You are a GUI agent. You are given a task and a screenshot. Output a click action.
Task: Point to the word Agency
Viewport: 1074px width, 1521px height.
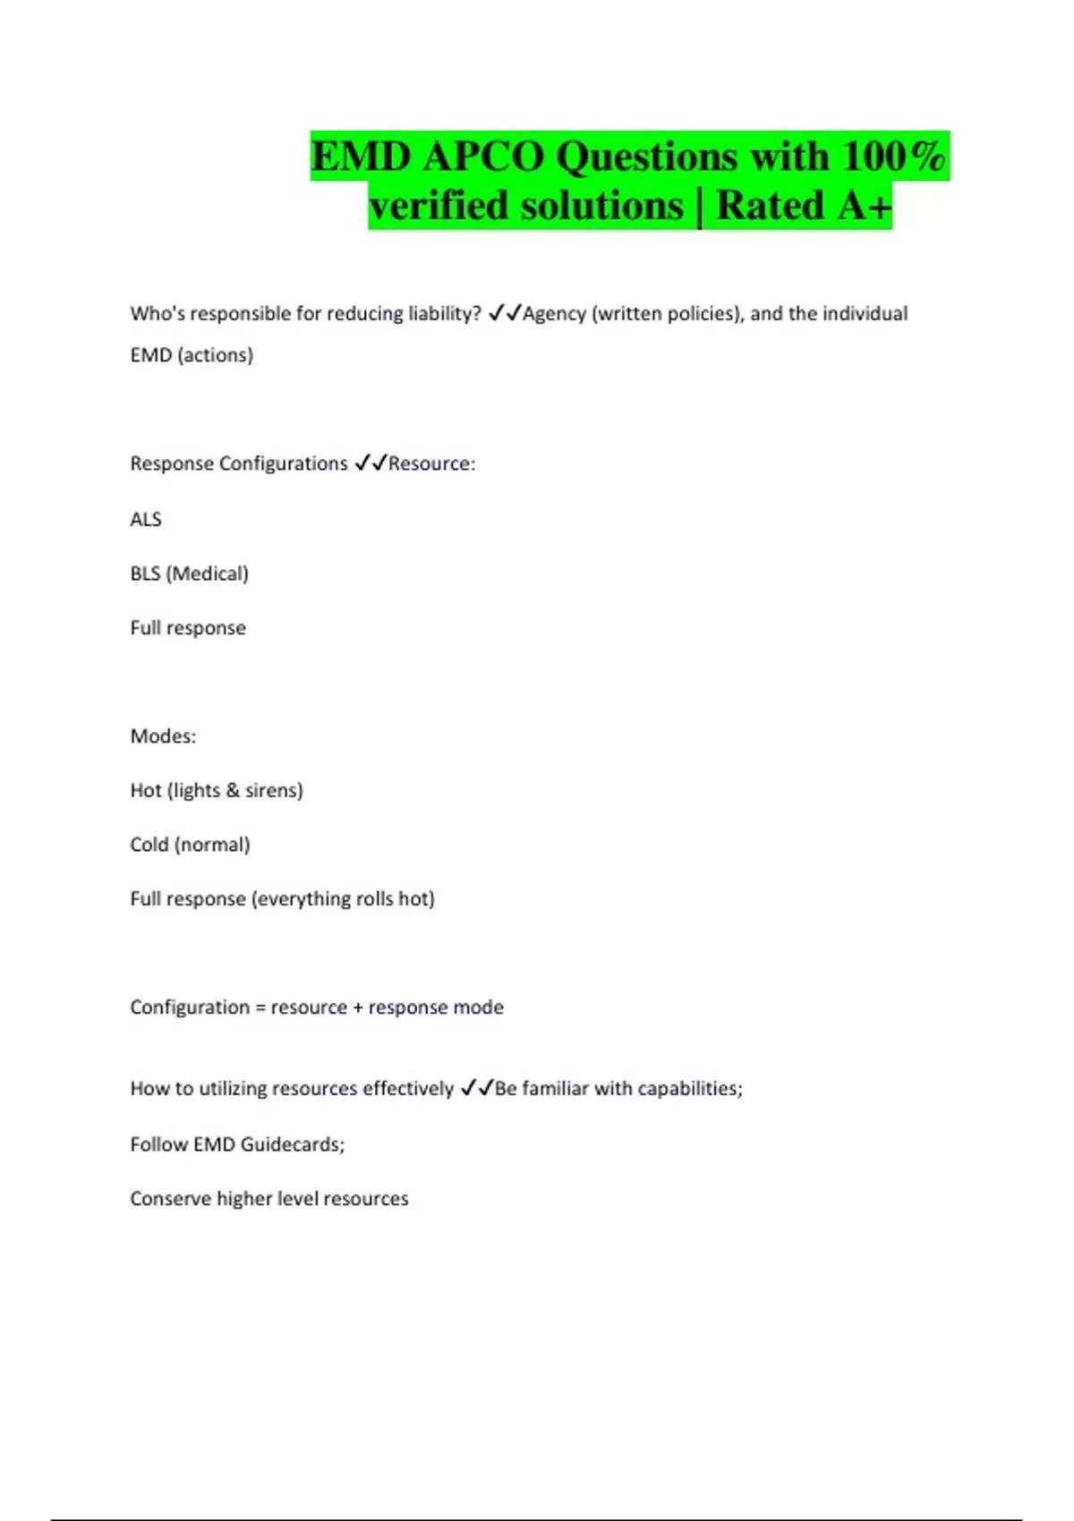click(554, 314)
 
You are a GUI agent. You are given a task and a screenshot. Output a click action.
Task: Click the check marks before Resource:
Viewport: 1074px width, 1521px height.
click(371, 463)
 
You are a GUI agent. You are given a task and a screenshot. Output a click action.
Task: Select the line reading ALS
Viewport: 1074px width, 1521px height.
click(146, 520)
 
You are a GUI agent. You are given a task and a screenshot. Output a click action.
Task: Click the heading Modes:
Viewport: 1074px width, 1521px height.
click(163, 736)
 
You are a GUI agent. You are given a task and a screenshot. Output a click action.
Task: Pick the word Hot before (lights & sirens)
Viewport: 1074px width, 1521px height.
click(146, 791)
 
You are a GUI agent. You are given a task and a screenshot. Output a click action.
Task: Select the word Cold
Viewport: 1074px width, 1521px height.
click(149, 845)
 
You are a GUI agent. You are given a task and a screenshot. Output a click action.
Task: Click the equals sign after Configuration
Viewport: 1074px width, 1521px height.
click(260, 1007)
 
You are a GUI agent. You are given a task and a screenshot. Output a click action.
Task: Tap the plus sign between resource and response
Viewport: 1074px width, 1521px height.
click(358, 1007)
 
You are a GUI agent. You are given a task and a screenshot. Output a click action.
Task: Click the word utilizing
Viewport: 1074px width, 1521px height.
click(232, 1089)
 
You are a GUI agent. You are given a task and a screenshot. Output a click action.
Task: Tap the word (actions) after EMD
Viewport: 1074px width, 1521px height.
click(215, 355)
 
